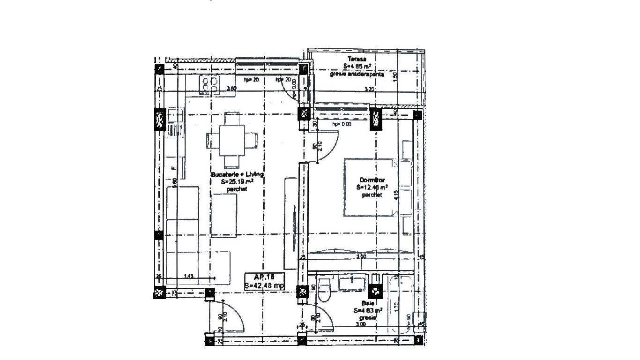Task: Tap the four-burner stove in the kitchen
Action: coord(209,85)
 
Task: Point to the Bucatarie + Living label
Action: coord(237,174)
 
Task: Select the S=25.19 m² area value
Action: coord(237,182)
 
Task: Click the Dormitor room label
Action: coord(372,180)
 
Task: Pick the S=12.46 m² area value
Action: coord(372,187)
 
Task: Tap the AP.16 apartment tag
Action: coord(263,277)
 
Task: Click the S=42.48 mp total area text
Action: coord(264,285)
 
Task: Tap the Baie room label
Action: coord(366,304)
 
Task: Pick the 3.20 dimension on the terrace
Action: coord(369,89)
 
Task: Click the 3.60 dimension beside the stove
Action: coord(231,89)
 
